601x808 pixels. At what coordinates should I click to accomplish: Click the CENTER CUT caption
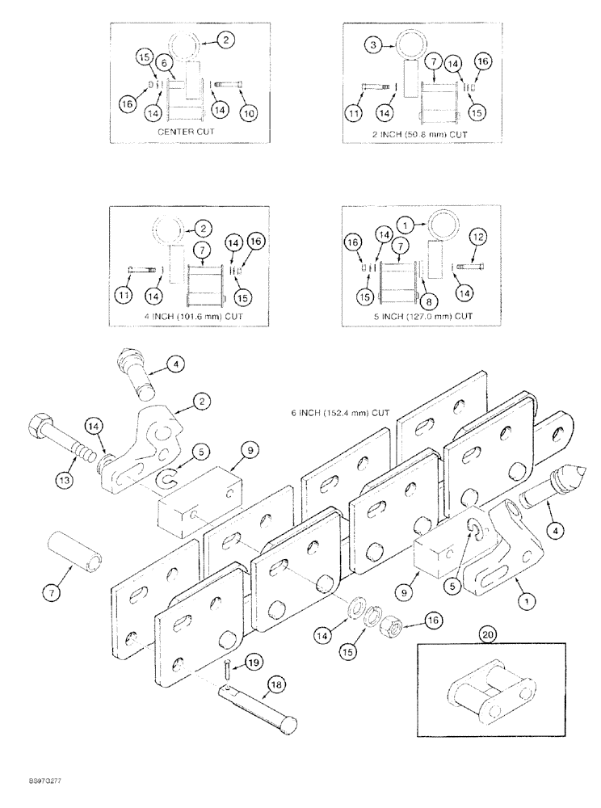188,131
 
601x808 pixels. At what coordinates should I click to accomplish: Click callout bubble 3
372,46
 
